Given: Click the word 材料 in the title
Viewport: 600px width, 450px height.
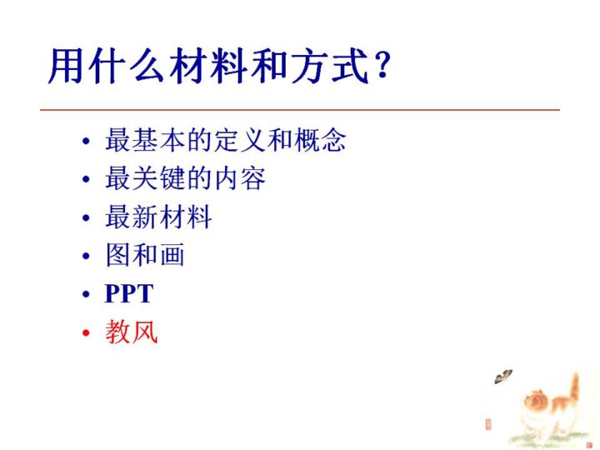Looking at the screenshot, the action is click(209, 66).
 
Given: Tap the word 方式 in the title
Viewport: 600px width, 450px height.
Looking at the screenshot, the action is click(330, 66).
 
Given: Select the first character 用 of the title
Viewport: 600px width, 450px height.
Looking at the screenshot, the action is click(66, 66).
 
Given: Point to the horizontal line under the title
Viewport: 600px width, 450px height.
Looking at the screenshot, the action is click(300, 110).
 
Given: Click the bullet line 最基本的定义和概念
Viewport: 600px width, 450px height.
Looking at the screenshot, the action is click(225, 140).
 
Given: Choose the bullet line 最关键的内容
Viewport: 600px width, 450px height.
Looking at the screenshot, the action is click(185, 178).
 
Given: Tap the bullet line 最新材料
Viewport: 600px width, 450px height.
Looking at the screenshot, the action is click(158, 217).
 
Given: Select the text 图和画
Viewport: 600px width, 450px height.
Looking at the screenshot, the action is click(145, 255).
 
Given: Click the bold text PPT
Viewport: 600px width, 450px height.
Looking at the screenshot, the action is click(129, 294).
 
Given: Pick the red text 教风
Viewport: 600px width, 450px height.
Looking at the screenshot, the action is click(132, 332).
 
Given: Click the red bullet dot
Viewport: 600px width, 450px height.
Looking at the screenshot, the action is click(86, 332).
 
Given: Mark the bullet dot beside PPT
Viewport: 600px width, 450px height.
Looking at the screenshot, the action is click(86, 295).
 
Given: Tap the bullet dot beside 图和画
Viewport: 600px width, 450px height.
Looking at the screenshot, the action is click(86, 256).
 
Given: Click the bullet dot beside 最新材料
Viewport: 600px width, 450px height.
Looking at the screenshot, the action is click(86, 218).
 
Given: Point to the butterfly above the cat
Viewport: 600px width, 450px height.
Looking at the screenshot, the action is click(502, 377).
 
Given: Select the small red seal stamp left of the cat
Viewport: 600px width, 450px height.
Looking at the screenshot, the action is click(487, 424).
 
